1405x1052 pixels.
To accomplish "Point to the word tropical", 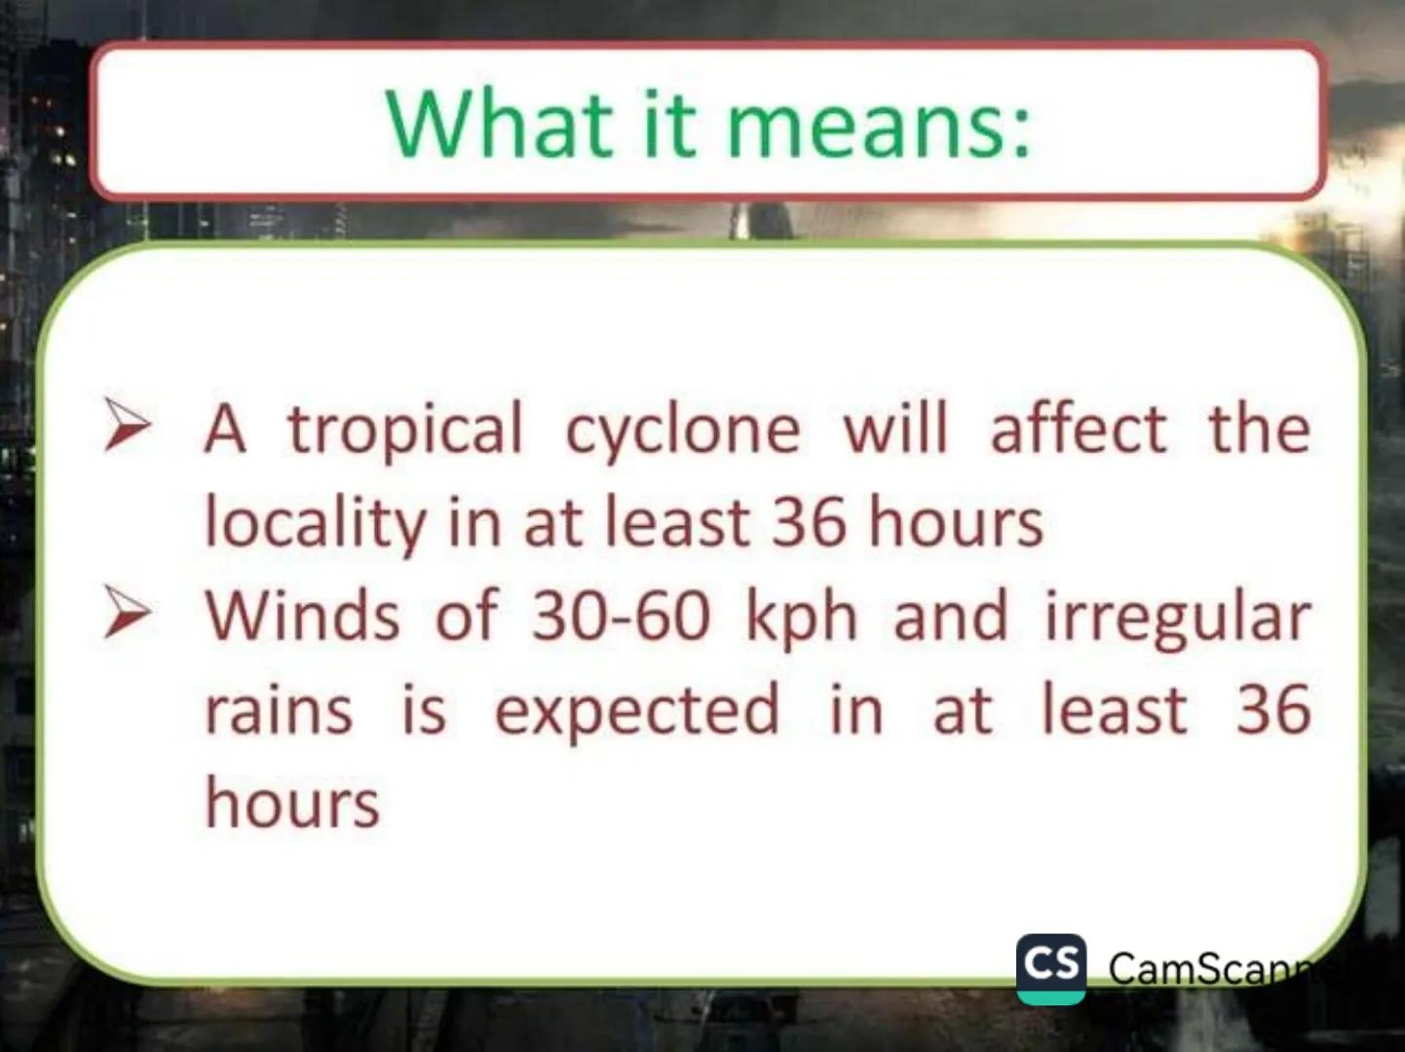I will pos(404,430).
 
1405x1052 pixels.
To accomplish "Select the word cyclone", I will pos(682,430).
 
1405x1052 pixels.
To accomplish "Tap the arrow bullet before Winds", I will pos(128,615).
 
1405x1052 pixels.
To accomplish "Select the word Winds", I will pos(302,616).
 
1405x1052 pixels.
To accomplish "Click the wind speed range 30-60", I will pos(620,616).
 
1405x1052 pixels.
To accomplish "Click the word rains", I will pos(279,709).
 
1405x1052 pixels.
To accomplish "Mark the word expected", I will pos(637,711).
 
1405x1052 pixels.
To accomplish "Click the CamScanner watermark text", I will pos(1208,968).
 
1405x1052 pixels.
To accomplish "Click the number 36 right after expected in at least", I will pos(1272,709).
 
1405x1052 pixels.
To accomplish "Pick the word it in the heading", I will pos(669,124).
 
